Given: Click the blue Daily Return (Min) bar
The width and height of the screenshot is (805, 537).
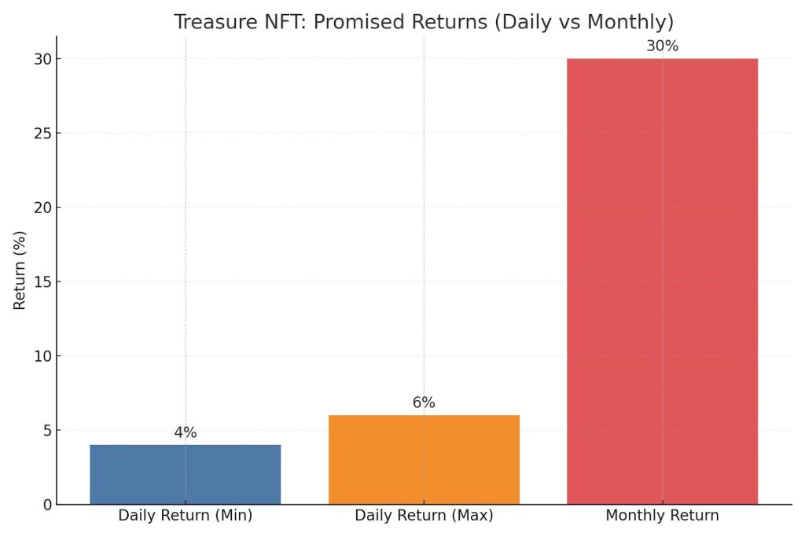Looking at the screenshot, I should pos(185,474).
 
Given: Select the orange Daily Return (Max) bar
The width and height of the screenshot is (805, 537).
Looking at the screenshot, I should pos(424,459).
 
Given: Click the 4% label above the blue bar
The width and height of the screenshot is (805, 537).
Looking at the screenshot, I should pos(185,432).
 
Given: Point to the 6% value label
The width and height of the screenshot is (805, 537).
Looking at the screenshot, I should pos(424,403).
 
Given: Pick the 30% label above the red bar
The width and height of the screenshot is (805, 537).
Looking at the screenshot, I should pos(662,46).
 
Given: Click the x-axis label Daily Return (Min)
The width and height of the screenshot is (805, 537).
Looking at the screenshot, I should pos(185,517).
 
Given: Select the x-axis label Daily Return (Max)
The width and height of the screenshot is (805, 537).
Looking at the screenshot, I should pos(424,517).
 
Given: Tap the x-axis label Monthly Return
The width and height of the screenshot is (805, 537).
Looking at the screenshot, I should pos(662,517).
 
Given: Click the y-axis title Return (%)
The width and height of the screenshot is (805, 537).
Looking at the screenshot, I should pos(20,270).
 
